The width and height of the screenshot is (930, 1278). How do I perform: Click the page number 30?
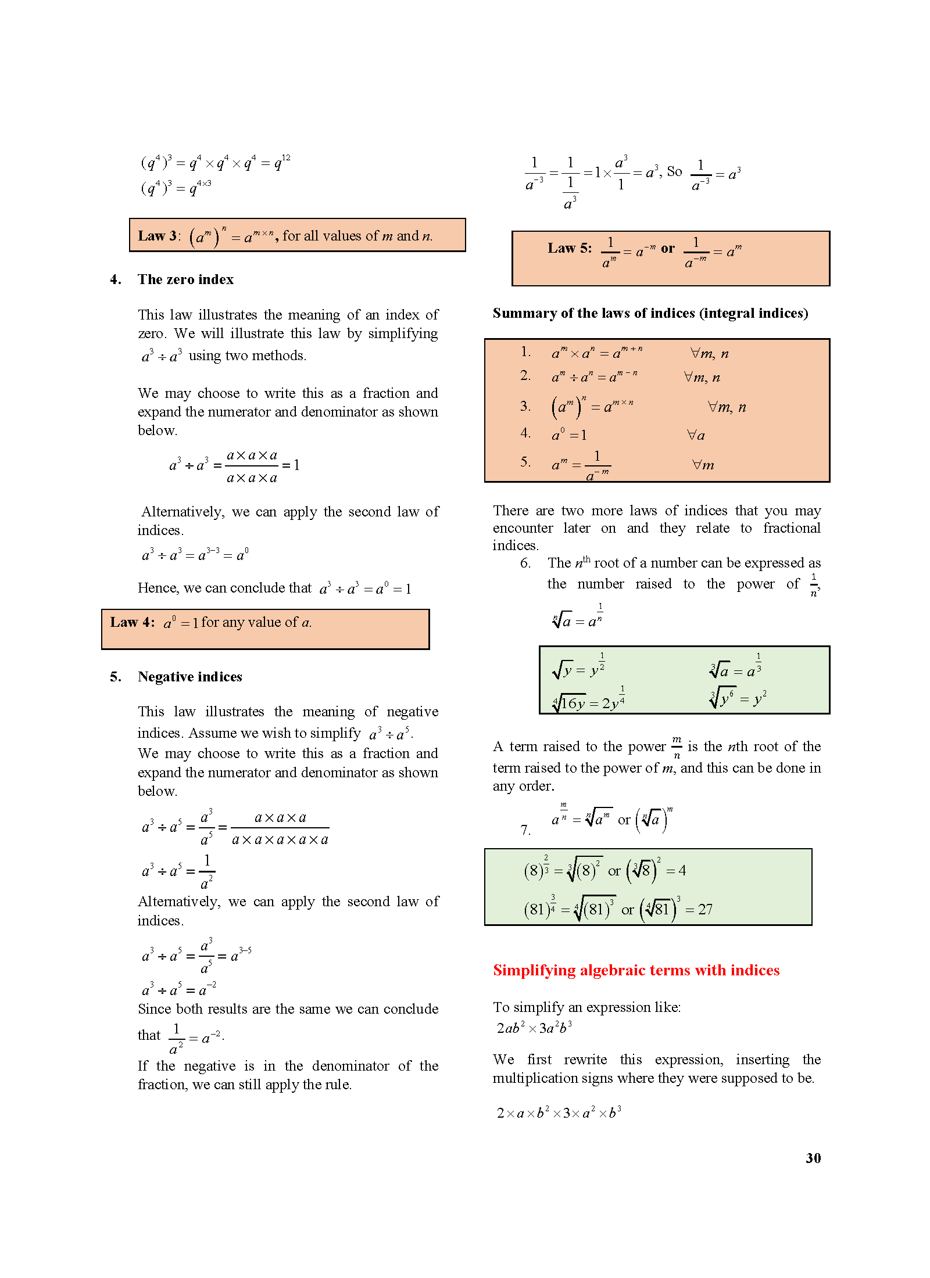click(x=813, y=1158)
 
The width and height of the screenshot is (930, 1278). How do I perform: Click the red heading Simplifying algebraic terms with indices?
click(x=636, y=970)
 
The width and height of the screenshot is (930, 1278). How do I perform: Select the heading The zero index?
click(x=185, y=279)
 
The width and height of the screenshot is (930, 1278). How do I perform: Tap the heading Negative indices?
click(x=189, y=677)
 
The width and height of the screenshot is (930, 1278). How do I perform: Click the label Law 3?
click(x=158, y=236)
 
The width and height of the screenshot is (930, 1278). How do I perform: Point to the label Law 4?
click(x=132, y=623)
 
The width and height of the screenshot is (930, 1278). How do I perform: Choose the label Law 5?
click(x=569, y=249)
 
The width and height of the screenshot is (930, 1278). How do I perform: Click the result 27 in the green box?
click(x=704, y=910)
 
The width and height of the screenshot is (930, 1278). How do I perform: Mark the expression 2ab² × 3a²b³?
click(x=534, y=1028)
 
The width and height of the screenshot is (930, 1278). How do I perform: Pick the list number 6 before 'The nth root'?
click(x=525, y=563)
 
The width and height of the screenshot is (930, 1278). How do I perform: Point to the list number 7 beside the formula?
click(x=525, y=830)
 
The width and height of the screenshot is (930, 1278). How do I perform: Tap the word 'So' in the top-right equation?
click(x=674, y=171)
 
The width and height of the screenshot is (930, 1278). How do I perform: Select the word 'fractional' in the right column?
click(x=792, y=528)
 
